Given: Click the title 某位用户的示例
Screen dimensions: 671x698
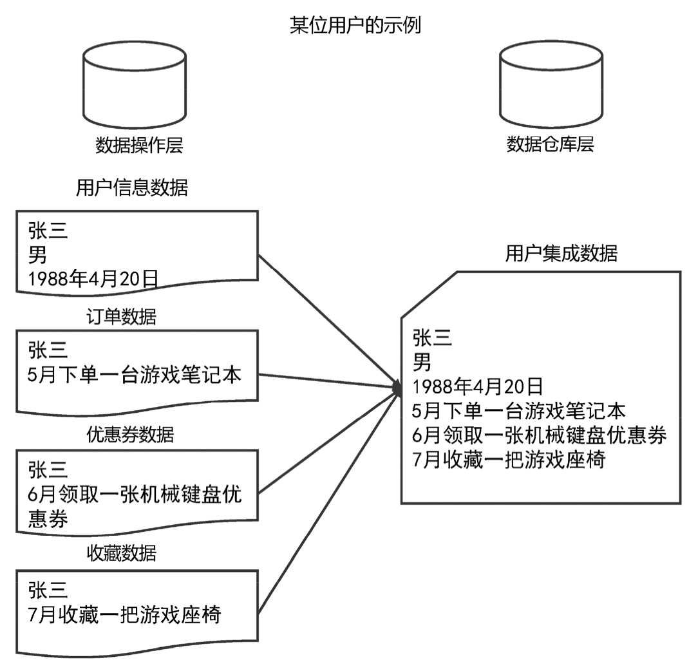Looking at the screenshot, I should tap(355, 26).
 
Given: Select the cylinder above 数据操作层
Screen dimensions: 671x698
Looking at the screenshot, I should tap(135, 84).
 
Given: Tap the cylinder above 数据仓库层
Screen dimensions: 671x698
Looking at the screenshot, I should tap(552, 84).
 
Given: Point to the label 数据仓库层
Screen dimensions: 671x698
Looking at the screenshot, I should tap(550, 144).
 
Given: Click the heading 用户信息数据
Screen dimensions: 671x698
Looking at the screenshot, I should tap(132, 188).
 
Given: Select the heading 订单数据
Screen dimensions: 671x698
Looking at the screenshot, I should tap(121, 317).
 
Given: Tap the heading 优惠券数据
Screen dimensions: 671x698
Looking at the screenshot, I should tap(130, 435).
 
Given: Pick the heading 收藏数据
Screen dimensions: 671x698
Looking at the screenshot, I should tap(122, 553).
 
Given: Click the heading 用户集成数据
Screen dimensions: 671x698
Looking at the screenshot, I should tap(561, 254).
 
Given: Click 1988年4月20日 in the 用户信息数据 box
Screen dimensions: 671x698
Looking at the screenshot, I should tap(93, 278).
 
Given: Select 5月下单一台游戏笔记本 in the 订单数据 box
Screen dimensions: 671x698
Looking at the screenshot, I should tap(135, 375).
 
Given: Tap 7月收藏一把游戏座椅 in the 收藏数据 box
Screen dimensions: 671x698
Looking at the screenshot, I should tap(125, 615).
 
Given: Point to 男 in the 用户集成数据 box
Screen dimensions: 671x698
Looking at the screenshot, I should tap(422, 363).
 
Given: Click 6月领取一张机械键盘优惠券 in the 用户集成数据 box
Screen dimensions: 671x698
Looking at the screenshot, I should tap(540, 435).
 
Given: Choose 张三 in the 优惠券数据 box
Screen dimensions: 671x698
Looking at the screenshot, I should tap(48, 470).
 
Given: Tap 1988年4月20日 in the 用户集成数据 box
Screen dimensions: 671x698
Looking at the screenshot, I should tap(478, 387).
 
